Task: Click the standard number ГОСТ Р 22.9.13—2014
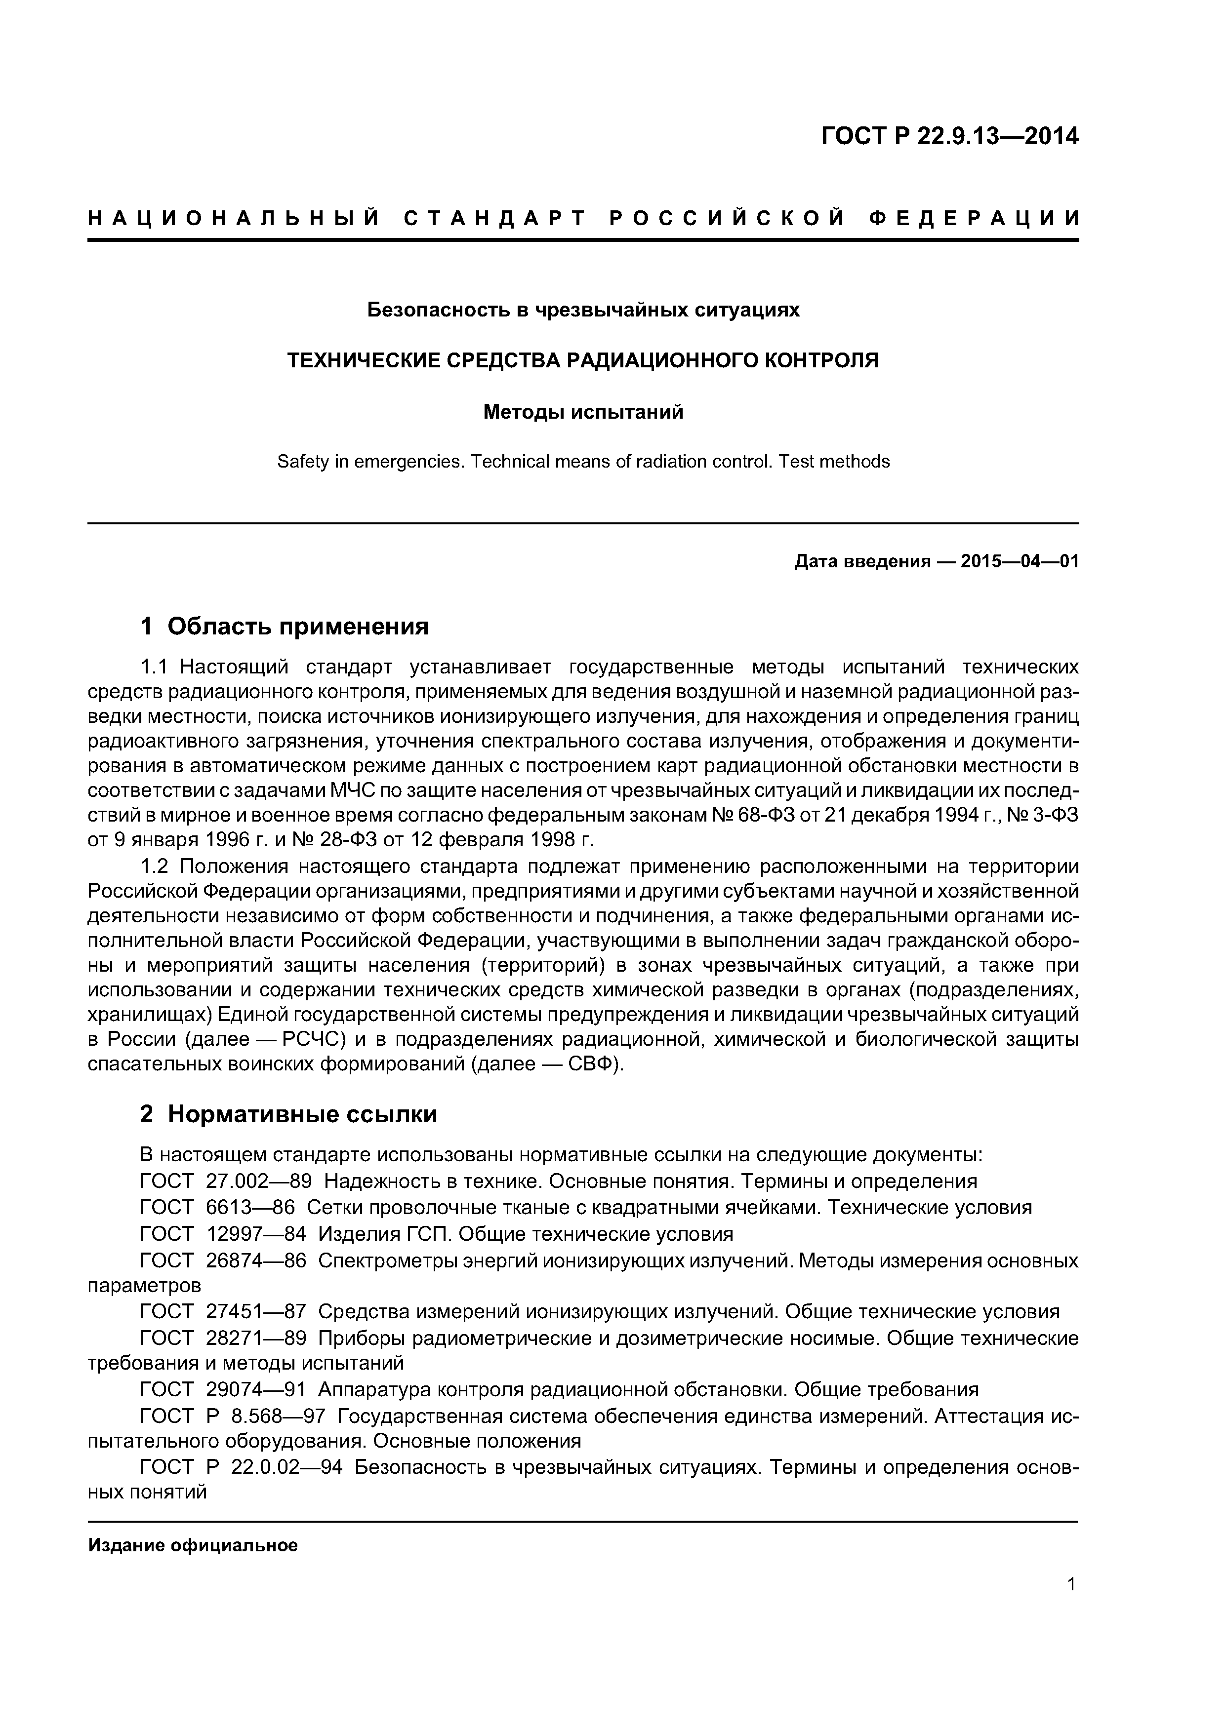[x=949, y=137]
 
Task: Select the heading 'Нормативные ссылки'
[x=302, y=1114]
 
